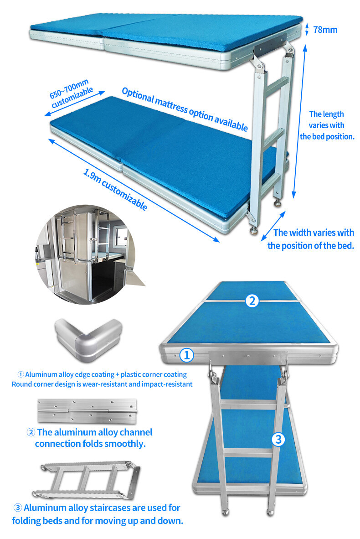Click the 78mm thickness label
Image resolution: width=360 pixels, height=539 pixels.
point(325,30)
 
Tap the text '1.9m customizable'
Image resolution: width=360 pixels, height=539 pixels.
point(115,189)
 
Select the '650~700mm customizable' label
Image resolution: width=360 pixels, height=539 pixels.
point(71,93)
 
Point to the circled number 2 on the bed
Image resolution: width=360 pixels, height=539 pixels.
point(252,301)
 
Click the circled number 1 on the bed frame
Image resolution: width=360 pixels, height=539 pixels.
point(186,355)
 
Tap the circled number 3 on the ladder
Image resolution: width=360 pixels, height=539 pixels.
point(278,439)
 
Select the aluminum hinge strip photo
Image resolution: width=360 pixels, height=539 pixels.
point(87,411)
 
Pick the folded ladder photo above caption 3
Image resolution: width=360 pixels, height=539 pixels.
point(87,480)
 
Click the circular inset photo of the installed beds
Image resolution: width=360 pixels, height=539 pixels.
point(86,254)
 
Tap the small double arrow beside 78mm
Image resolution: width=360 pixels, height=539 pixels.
point(307,29)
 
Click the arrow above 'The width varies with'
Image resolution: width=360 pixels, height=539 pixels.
point(273,226)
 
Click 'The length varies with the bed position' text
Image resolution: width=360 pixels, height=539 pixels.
point(327,125)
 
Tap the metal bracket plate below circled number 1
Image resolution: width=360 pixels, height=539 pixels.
point(248,358)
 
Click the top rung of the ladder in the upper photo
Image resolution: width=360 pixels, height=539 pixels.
point(277,86)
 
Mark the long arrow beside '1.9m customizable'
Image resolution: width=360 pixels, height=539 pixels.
point(134,190)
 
